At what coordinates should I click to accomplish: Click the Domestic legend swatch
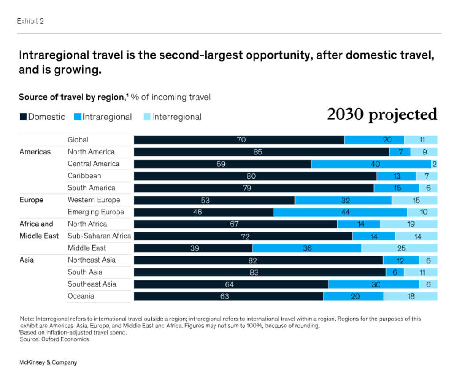pyautogui.click(x=23, y=117)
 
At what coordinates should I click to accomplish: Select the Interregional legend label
pyautogui.click(x=176, y=117)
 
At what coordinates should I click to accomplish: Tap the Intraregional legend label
pyautogui.click(x=107, y=117)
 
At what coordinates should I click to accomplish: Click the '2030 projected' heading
pyautogui.click(x=382, y=114)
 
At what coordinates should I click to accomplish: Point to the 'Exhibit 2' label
pyautogui.click(x=30, y=21)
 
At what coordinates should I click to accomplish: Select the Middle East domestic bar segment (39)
pyautogui.click(x=193, y=248)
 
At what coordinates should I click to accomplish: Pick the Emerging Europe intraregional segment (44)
pyautogui.click(x=340, y=212)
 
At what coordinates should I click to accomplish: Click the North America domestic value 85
pyautogui.click(x=258, y=152)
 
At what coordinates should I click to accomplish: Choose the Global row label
pyautogui.click(x=78, y=140)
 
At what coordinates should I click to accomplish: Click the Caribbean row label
pyautogui.click(x=84, y=176)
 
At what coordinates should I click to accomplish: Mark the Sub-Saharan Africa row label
pyautogui.click(x=99, y=236)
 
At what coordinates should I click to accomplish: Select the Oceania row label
pyautogui.click(x=81, y=296)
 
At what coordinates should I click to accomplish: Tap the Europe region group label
pyautogui.click(x=31, y=200)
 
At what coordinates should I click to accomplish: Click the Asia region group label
pyautogui.click(x=27, y=260)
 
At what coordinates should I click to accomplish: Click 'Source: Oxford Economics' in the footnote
pyautogui.click(x=54, y=339)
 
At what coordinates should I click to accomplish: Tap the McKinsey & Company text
pyautogui.click(x=48, y=362)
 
